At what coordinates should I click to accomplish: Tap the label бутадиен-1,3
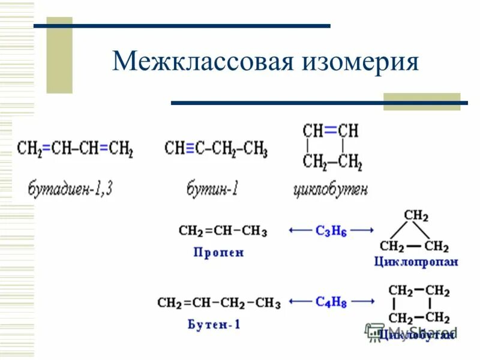click(x=71, y=190)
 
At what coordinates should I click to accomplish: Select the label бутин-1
click(x=212, y=190)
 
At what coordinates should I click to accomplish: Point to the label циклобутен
click(x=331, y=190)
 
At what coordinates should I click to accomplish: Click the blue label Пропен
click(x=218, y=253)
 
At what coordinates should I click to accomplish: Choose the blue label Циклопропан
click(x=416, y=261)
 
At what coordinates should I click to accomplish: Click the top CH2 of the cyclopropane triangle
click(x=416, y=215)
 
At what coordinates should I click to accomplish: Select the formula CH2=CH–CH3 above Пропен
click(x=223, y=231)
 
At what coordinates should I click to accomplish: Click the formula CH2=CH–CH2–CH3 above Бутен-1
click(x=219, y=303)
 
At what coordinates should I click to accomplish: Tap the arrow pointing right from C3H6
click(x=365, y=230)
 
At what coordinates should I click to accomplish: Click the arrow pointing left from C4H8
click(x=299, y=302)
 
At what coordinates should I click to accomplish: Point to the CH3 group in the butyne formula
click(x=256, y=149)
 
